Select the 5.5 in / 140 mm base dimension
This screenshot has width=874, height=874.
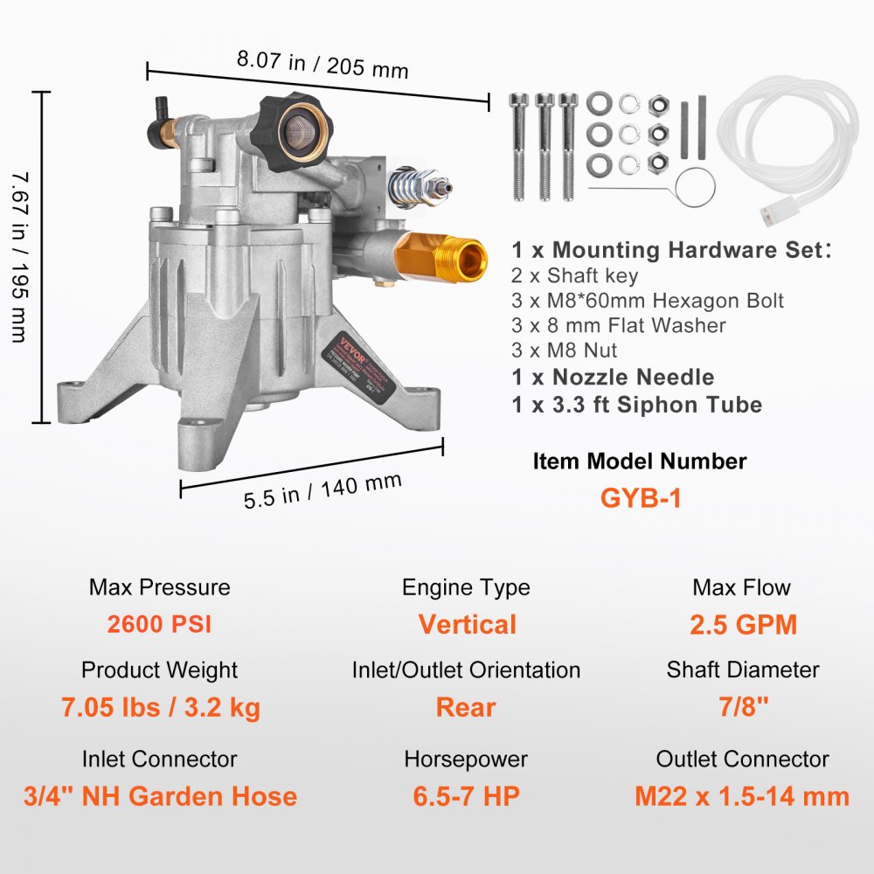pyautogui.click(x=323, y=489)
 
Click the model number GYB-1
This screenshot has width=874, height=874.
pyautogui.click(x=640, y=497)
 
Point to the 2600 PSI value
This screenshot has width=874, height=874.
pyautogui.click(x=159, y=625)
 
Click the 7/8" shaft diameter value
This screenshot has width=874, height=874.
pyautogui.click(x=742, y=707)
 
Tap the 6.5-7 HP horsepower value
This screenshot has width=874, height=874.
pyautogui.click(x=466, y=796)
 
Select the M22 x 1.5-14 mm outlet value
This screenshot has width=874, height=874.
pyautogui.click(x=742, y=796)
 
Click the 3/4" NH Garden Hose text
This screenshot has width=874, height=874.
pyautogui.click(x=159, y=796)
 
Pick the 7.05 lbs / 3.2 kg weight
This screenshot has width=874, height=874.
pyautogui.click(x=160, y=707)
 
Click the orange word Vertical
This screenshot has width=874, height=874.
pyautogui.click(x=467, y=625)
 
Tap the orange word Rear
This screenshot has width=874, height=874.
pyautogui.click(x=466, y=707)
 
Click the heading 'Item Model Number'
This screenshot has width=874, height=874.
pyautogui.click(x=640, y=461)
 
